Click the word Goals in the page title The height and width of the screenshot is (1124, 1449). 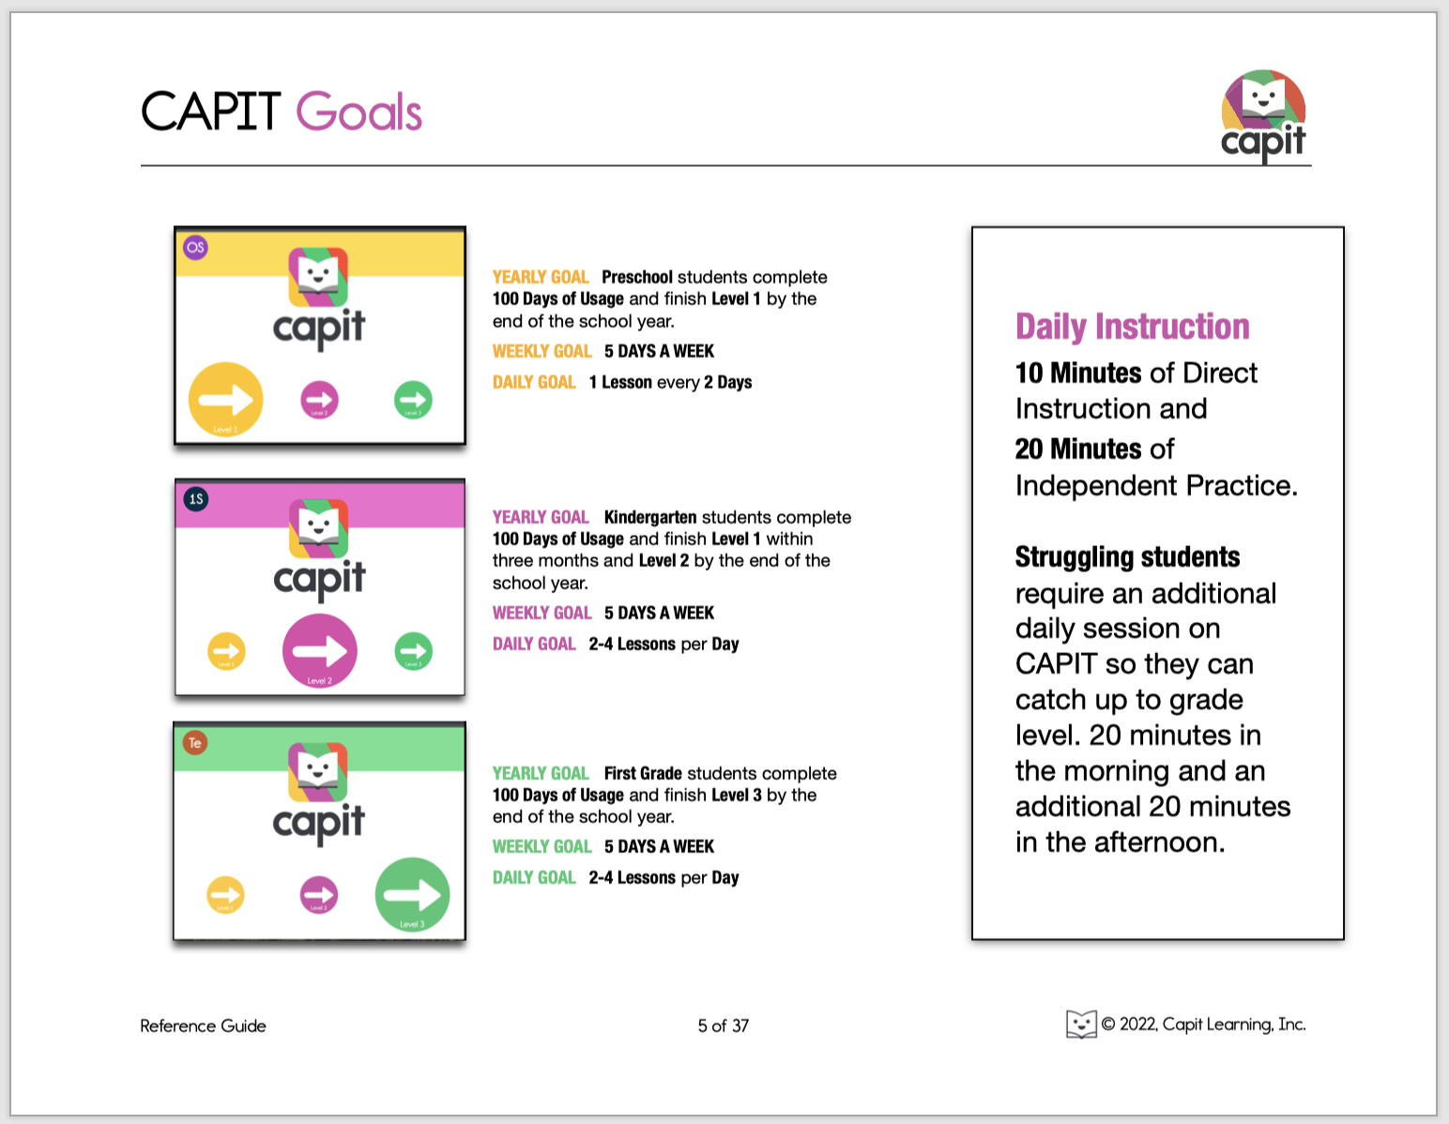pyautogui.click(x=358, y=113)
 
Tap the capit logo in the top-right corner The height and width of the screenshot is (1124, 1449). pyautogui.click(x=1263, y=115)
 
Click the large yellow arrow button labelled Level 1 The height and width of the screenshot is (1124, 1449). pyautogui.click(x=225, y=400)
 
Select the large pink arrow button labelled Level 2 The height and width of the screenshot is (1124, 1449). pyautogui.click(x=319, y=651)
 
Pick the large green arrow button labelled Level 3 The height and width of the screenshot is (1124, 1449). pyautogui.click(x=412, y=894)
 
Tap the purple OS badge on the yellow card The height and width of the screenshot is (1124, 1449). pyautogui.click(x=195, y=248)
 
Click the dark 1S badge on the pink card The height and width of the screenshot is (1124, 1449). pyautogui.click(x=195, y=499)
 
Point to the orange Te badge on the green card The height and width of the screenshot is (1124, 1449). pyautogui.click(x=195, y=743)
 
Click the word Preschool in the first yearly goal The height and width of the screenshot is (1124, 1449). pyautogui.click(x=636, y=277)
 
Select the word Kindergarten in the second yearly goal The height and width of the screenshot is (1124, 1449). pyautogui.click(x=650, y=517)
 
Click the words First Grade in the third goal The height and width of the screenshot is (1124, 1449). pyautogui.click(x=643, y=773)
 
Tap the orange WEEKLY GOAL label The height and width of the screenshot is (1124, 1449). pyautogui.click(x=541, y=351)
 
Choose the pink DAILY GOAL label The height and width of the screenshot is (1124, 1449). pyautogui.click(x=534, y=644)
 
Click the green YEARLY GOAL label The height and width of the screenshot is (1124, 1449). pyautogui.click(x=541, y=773)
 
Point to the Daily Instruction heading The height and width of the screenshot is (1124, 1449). pyautogui.click(x=1132, y=327)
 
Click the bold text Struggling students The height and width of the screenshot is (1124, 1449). pyautogui.click(x=1127, y=557)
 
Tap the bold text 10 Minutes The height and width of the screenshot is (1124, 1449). pyautogui.click(x=1078, y=373)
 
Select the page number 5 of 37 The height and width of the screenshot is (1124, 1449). pyautogui.click(x=723, y=1025)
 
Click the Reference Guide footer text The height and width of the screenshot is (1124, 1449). pyautogui.click(x=203, y=1025)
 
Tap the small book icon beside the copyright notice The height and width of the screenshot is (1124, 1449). pyautogui.click(x=1081, y=1024)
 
